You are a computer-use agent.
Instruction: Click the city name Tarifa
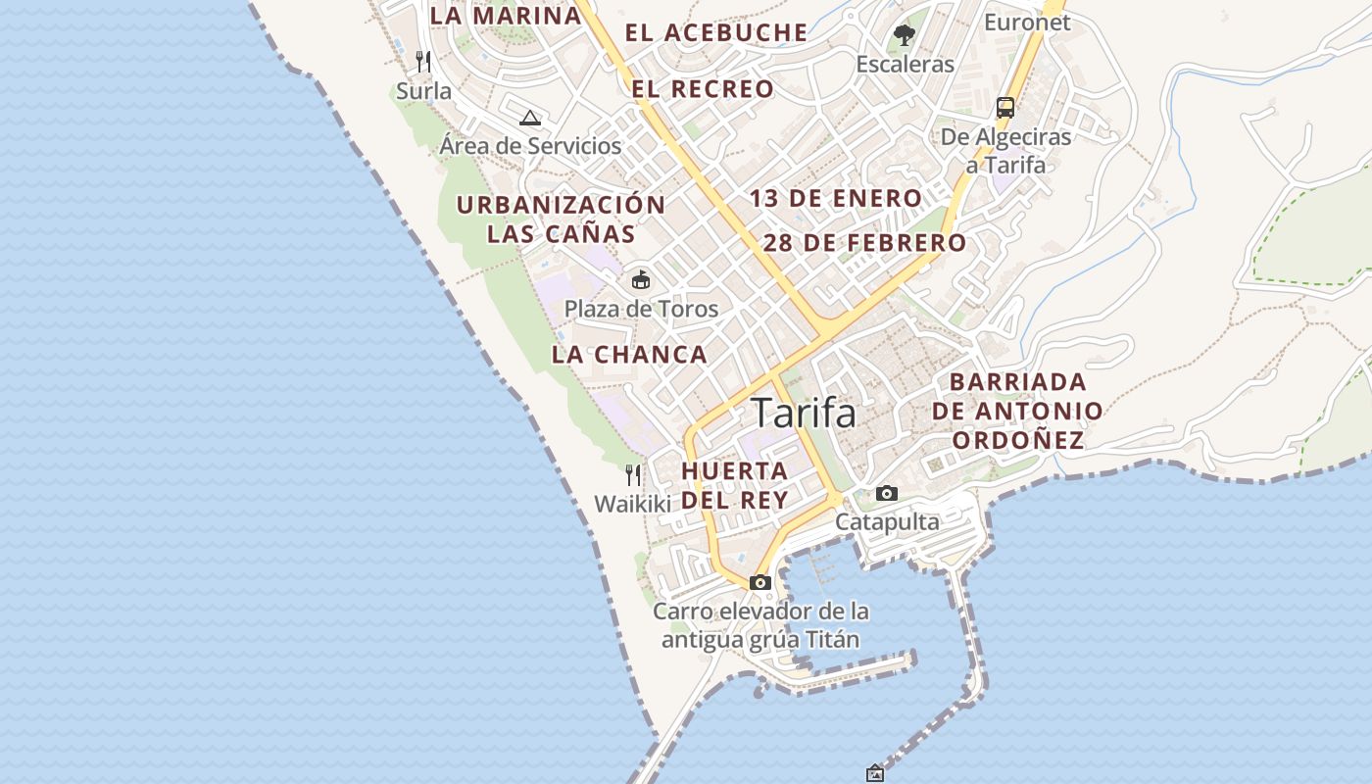tap(804, 414)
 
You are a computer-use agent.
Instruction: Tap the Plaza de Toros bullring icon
tap(640, 280)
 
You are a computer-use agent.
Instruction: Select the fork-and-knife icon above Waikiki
tap(633, 475)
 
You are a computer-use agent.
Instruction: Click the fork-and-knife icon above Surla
tap(423, 62)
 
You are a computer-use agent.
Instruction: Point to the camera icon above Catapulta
tap(887, 493)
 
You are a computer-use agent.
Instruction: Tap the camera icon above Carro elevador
tap(759, 582)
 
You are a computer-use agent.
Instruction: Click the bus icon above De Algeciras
tap(1005, 107)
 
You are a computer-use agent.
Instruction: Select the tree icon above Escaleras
tap(904, 36)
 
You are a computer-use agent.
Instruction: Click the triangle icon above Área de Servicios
tap(530, 119)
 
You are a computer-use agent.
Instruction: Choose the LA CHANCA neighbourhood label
tap(629, 355)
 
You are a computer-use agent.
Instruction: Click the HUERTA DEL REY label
tap(735, 485)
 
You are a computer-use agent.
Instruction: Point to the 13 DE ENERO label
tap(836, 198)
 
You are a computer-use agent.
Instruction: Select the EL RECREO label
tap(703, 89)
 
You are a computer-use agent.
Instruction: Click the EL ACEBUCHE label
tap(716, 32)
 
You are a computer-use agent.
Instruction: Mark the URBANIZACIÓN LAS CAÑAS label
tap(562, 220)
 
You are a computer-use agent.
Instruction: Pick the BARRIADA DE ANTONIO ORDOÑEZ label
tap(1018, 411)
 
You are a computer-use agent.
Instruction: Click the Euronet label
tap(1027, 23)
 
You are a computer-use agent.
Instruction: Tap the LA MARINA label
tap(506, 16)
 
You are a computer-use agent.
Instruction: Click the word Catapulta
tap(887, 522)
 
